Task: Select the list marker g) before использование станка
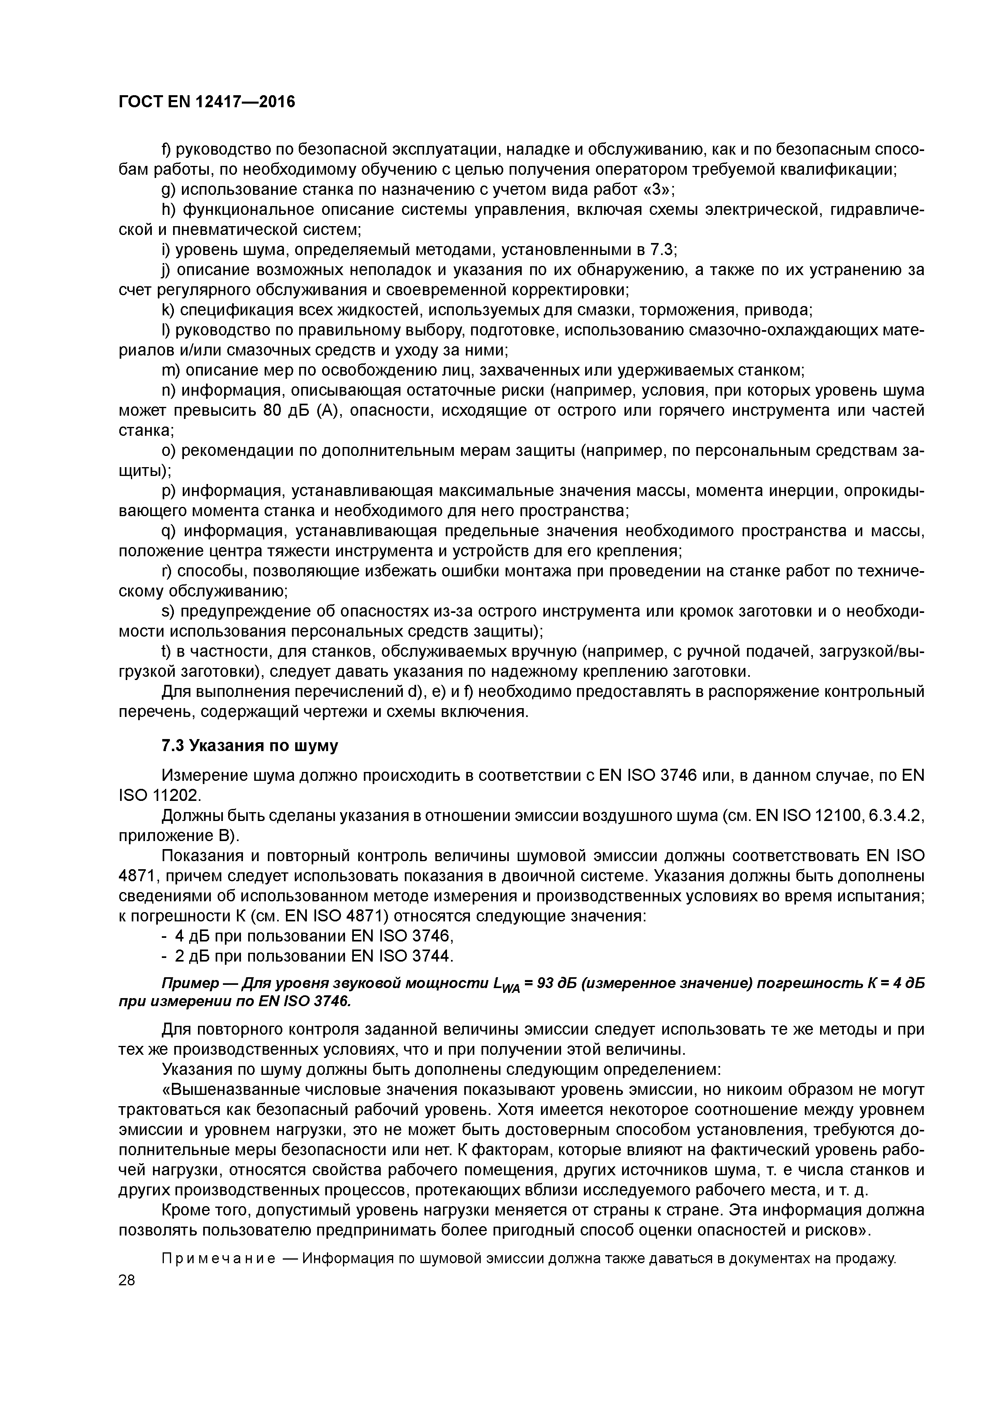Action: pyautogui.click(x=169, y=190)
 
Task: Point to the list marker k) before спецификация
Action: pyautogui.click(x=169, y=310)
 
